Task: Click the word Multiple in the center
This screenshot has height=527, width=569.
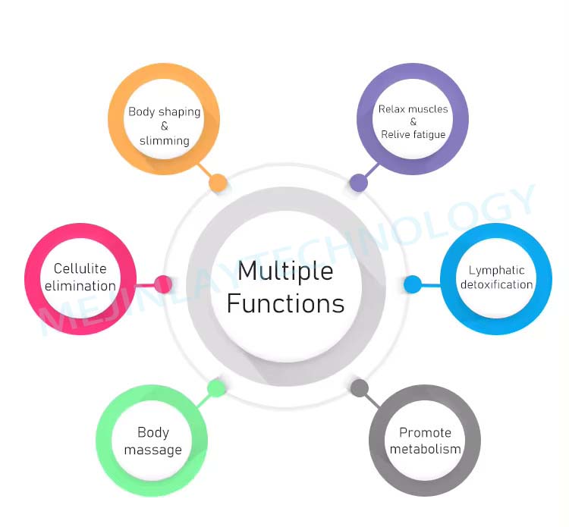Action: pyautogui.click(x=285, y=271)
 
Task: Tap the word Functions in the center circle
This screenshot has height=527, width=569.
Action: pyautogui.click(x=285, y=303)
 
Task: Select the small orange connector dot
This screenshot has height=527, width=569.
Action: pyautogui.click(x=218, y=182)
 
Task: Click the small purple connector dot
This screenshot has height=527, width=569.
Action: pyautogui.click(x=358, y=182)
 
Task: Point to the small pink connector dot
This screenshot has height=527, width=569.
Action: pyautogui.click(x=162, y=284)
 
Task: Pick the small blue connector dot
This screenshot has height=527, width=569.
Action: pyautogui.click(x=413, y=284)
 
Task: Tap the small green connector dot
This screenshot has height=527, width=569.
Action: pyautogui.click(x=216, y=388)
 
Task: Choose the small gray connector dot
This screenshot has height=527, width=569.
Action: pyautogui.click(x=360, y=388)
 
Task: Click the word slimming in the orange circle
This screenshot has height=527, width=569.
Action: pyautogui.click(x=164, y=140)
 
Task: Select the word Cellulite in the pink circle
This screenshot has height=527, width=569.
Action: pyautogui.click(x=80, y=268)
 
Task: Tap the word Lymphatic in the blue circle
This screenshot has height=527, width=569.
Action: pyautogui.click(x=496, y=270)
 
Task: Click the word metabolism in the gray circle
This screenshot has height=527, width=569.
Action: pyautogui.click(x=425, y=449)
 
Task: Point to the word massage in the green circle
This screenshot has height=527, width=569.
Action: pyautogui.click(x=153, y=450)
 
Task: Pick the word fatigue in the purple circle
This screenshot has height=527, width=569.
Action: pyautogui.click(x=429, y=134)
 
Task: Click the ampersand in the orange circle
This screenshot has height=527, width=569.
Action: pyautogui.click(x=164, y=126)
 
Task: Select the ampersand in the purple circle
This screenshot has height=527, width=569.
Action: pyautogui.click(x=413, y=121)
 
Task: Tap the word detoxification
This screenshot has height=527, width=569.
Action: pyautogui.click(x=496, y=284)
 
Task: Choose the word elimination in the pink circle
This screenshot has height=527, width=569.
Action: pyautogui.click(x=80, y=286)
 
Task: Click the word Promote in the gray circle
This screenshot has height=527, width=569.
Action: pyautogui.click(x=425, y=433)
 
